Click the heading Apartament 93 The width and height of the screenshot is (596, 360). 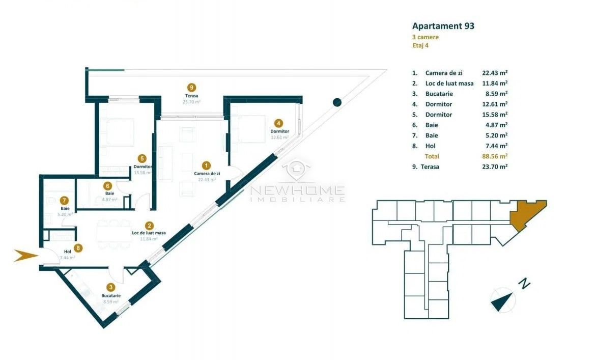[x=443, y=25]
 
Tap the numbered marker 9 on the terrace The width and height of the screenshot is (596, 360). [x=192, y=88]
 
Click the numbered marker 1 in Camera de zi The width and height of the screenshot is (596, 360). [x=206, y=165]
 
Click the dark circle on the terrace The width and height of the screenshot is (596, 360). [x=337, y=102]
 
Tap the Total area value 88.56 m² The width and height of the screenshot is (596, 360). [x=494, y=156]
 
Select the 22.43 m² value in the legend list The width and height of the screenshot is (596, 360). [x=494, y=73]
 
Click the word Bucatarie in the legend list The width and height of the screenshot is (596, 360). [x=439, y=94]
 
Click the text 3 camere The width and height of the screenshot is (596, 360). [x=425, y=37]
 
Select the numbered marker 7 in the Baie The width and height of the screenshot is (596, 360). [x=64, y=200]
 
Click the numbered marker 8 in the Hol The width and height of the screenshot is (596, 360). [x=78, y=248]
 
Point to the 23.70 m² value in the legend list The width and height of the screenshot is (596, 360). [x=494, y=167]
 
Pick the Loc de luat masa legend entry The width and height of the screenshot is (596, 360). [x=449, y=84]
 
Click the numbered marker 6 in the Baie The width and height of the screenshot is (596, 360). [x=107, y=186]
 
